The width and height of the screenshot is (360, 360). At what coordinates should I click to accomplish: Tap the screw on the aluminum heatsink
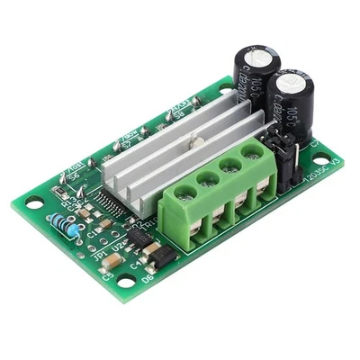[191, 139]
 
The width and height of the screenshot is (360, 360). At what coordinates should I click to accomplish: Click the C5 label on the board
[110, 274]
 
